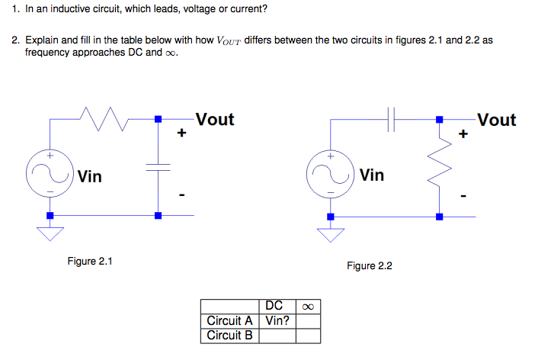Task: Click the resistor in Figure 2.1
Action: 103,118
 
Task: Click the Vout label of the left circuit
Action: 215,120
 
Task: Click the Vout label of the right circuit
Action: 496,120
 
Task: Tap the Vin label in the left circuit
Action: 89,177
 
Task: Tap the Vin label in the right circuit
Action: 372,175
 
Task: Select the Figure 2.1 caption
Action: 90,262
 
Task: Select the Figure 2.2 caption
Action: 370,265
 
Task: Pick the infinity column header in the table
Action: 307,307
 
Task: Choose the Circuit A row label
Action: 229,320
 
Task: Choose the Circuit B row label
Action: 229,335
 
